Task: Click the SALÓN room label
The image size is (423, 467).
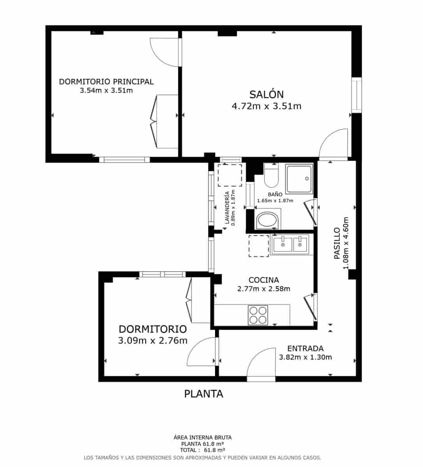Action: [x=266, y=94]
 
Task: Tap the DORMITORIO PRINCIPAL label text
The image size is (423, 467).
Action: [x=106, y=82]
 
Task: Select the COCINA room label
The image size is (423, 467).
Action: [x=264, y=280]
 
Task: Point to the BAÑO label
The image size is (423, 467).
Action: [x=275, y=194]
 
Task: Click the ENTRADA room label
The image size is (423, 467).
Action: [x=305, y=349]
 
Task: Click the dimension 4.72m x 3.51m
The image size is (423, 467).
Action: [x=266, y=106]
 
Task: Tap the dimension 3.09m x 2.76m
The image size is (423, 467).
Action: [x=153, y=341]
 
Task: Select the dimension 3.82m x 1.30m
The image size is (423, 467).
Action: [x=305, y=357]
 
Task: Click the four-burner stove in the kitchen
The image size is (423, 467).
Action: [x=258, y=315]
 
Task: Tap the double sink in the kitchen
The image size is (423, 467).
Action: [x=291, y=245]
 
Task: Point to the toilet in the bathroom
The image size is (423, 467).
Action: [x=271, y=176]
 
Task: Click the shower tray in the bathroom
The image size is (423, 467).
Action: [x=299, y=179]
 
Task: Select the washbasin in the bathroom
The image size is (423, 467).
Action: [x=268, y=220]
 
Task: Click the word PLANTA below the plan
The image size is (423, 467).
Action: [x=204, y=394]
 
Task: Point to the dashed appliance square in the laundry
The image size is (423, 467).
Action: [x=230, y=175]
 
